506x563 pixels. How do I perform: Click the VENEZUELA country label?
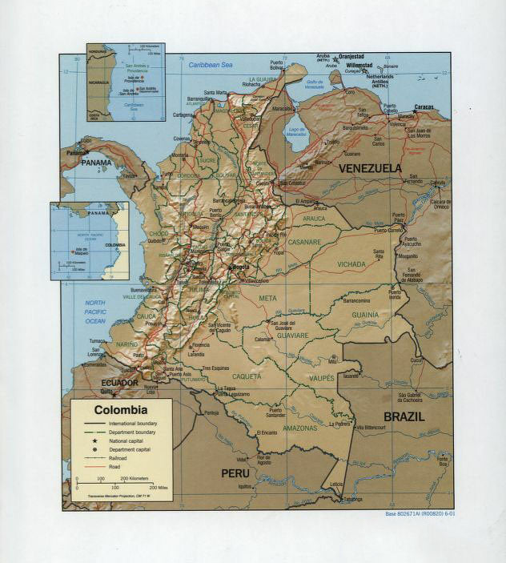369,168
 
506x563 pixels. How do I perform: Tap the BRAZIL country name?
404,416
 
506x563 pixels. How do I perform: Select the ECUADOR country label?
120,384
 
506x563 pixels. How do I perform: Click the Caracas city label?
425,107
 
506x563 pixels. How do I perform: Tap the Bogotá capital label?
239,266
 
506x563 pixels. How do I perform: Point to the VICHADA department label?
351,263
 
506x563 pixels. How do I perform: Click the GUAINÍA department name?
364,315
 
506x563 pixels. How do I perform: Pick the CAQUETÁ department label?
247,376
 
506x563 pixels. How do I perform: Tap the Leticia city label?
336,485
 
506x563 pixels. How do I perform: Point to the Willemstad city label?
359,65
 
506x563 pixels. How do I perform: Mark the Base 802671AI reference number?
419,513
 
